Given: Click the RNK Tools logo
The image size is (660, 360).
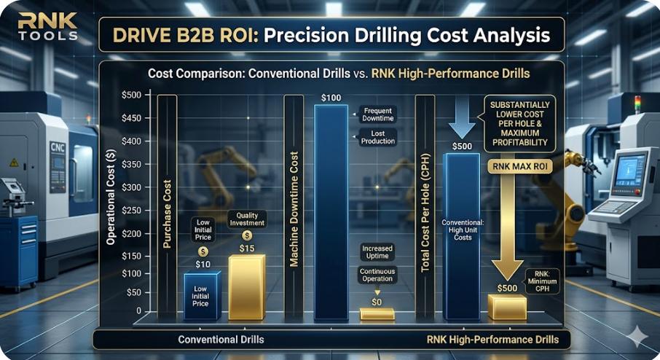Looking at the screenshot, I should pyautogui.click(x=42, y=28).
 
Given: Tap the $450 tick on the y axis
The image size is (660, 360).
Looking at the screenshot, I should pyautogui.click(x=132, y=118).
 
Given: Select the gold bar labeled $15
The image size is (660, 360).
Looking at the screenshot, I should pyautogui.click(x=246, y=288).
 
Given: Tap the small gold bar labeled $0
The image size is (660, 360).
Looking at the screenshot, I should pyautogui.click(x=377, y=314).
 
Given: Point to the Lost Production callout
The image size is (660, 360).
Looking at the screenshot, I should pyautogui.click(x=378, y=137).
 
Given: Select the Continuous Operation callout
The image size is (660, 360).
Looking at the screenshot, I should pyautogui.click(x=377, y=274).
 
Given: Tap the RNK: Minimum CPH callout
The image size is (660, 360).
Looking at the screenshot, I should pyautogui.click(x=542, y=281).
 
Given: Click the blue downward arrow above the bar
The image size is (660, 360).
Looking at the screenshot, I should pyautogui.click(x=461, y=118).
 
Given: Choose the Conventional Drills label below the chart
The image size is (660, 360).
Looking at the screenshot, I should pyautogui.click(x=221, y=340).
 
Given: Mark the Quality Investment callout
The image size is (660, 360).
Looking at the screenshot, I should pyautogui.click(x=247, y=219).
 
